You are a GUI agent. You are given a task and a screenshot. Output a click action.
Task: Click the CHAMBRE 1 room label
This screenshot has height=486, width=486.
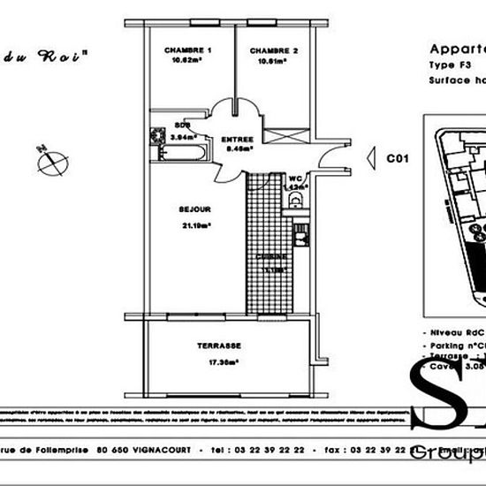tap(187, 51)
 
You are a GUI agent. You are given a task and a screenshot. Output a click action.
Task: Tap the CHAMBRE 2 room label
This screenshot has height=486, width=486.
tap(273, 51)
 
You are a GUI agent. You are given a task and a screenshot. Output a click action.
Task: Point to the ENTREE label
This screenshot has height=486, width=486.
tap(237, 140)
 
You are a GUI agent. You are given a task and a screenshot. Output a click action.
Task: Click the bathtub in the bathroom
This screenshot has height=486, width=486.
tap(180, 154)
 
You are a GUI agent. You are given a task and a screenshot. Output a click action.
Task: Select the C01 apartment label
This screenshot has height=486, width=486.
tap(398, 158)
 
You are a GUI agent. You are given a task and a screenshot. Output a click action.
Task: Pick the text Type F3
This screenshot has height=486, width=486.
tap(449, 65)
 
